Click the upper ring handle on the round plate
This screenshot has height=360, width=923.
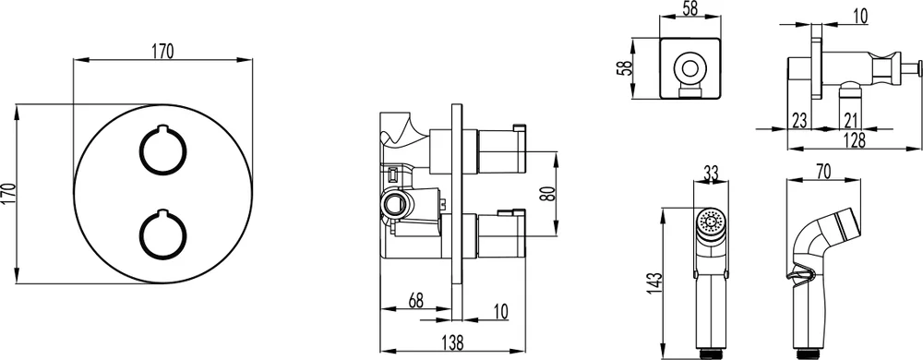click(x=140, y=150)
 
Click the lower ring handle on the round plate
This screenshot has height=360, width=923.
click(x=140, y=234)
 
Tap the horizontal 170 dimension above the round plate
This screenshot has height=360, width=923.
click(x=163, y=52)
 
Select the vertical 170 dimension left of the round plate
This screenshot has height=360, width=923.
click(x=9, y=194)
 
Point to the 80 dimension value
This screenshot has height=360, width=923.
click(x=547, y=194)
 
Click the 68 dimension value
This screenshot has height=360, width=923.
click(x=415, y=300)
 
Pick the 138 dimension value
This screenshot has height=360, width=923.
click(x=451, y=342)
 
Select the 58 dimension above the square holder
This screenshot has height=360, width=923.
click(x=689, y=9)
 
